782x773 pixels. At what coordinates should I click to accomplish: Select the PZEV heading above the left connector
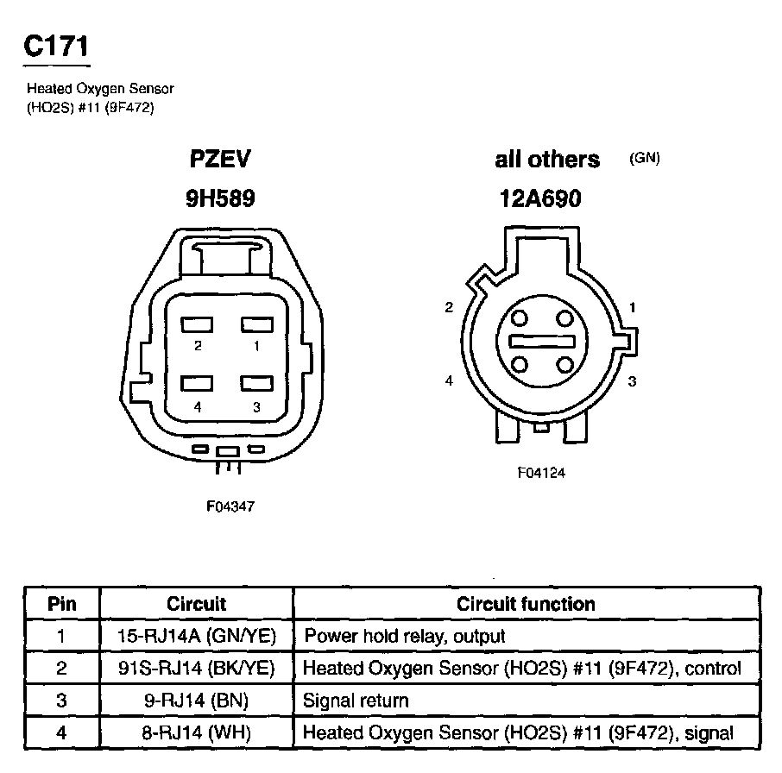click(220, 160)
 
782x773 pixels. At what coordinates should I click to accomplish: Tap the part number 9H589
click(220, 199)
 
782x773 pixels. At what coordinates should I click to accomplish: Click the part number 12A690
click(540, 199)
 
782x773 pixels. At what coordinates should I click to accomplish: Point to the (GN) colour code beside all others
click(645, 159)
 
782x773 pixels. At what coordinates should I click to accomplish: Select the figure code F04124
click(541, 473)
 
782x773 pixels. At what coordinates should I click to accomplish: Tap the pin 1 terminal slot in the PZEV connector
click(256, 325)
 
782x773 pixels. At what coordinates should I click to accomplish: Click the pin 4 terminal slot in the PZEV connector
click(198, 384)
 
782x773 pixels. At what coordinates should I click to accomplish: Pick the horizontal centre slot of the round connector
click(541, 342)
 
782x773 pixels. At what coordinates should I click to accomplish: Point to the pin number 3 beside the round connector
click(632, 381)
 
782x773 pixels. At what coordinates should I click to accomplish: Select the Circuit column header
click(196, 604)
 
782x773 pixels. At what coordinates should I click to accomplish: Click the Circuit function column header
click(526, 604)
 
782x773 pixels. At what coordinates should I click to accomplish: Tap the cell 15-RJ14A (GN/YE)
click(196, 636)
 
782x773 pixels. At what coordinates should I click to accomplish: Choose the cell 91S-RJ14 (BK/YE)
click(196, 668)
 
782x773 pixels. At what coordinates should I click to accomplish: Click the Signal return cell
click(356, 701)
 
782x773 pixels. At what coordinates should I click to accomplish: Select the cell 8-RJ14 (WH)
click(196, 733)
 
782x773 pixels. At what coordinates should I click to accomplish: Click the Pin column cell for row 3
click(61, 701)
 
